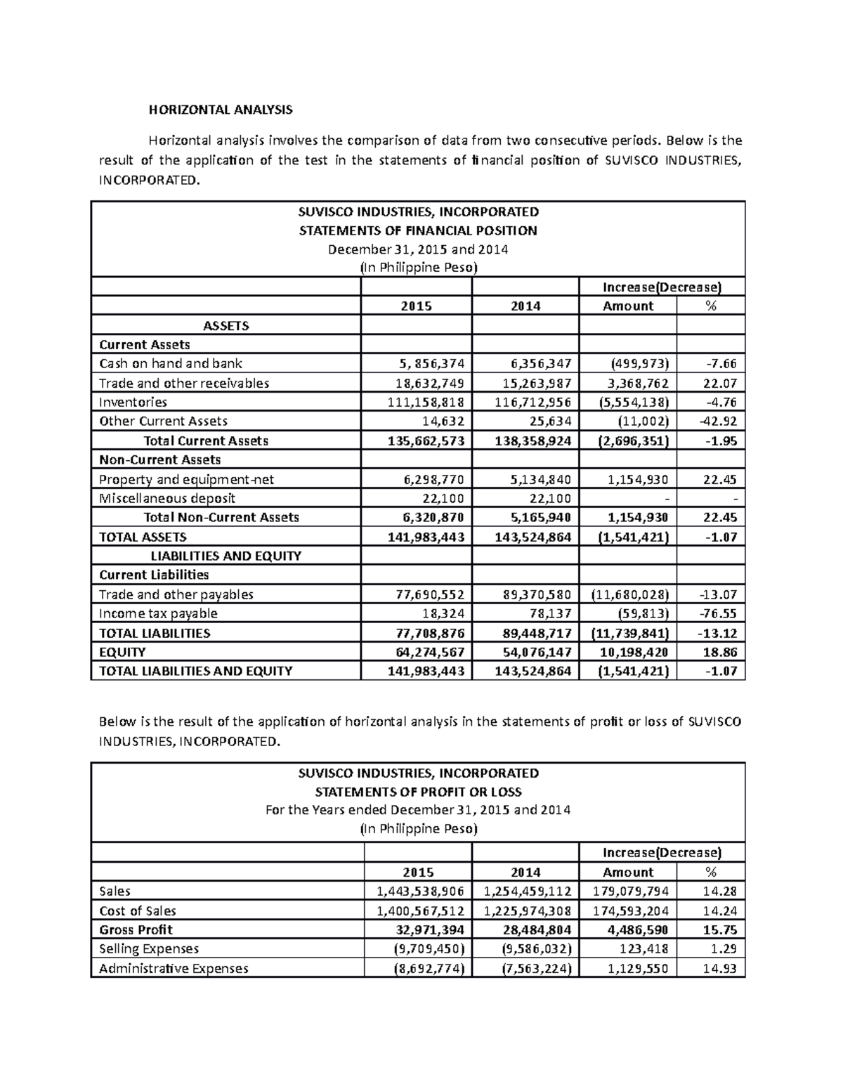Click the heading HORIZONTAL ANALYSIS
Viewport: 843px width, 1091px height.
pos(219,110)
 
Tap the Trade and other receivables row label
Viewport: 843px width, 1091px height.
pos(184,383)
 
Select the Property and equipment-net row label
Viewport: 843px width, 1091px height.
pos(186,479)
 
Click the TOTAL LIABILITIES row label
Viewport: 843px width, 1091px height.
pos(155,633)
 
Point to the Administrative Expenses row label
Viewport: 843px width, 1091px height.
pos(174,968)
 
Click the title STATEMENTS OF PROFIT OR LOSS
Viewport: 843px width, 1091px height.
pos(418,792)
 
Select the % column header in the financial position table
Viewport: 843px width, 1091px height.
pos(711,306)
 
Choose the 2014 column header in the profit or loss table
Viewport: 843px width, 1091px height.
pos(525,872)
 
